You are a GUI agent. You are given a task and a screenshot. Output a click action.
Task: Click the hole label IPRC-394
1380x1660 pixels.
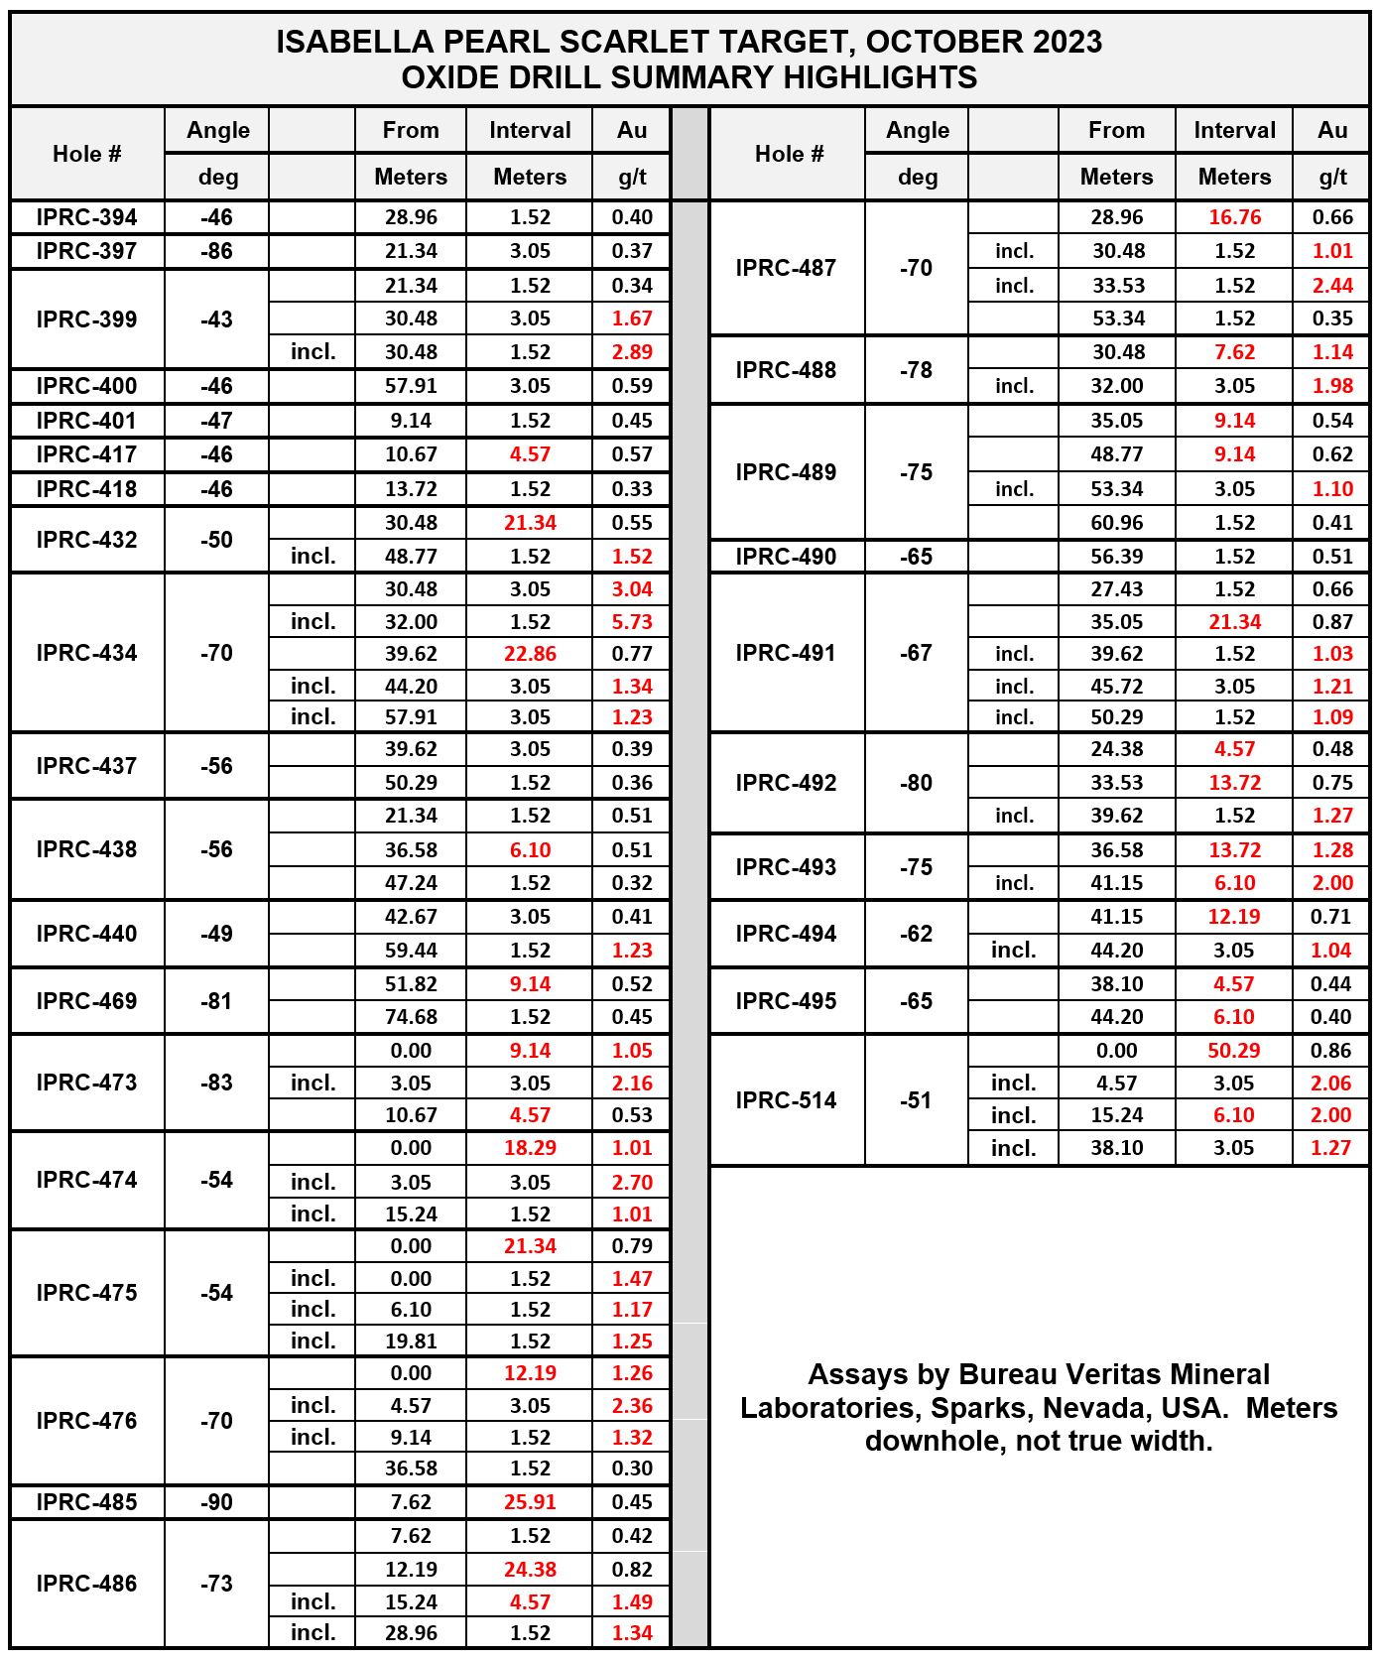pyautogui.click(x=86, y=217)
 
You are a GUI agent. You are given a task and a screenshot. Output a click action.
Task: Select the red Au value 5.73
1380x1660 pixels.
pyautogui.click(x=632, y=622)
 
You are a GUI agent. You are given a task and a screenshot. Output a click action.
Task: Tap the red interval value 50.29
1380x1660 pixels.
pyautogui.click(x=1233, y=1051)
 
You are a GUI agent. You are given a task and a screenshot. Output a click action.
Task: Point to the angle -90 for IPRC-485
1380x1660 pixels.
pyautogui.click(x=217, y=1502)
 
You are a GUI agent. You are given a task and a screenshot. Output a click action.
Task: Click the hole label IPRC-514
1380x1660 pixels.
pyautogui.click(x=786, y=1100)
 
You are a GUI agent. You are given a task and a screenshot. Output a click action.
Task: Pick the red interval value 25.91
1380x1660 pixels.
pyautogui.click(x=530, y=1502)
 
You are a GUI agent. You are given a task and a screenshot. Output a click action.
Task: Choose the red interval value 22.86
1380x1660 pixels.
pyautogui.click(x=530, y=654)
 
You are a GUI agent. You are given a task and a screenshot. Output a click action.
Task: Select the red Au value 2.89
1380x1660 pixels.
pyautogui.click(x=632, y=352)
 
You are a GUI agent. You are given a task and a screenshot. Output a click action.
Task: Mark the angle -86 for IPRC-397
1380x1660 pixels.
pyautogui.click(x=217, y=251)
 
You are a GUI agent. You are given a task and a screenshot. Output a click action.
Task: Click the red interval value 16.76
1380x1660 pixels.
pyautogui.click(x=1234, y=217)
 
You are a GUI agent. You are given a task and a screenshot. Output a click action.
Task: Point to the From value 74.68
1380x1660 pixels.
pyautogui.click(x=411, y=1017)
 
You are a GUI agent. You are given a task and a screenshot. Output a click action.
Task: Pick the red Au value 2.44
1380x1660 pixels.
pyautogui.click(x=1332, y=286)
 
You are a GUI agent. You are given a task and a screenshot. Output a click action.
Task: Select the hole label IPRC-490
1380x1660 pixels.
pyautogui.click(x=786, y=557)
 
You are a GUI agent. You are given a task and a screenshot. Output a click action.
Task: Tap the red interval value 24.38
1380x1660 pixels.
pyautogui.click(x=530, y=1570)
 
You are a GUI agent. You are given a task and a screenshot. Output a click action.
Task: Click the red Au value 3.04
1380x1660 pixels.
pyautogui.click(x=632, y=589)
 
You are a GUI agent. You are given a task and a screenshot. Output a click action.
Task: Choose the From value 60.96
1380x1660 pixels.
pyautogui.click(x=1116, y=523)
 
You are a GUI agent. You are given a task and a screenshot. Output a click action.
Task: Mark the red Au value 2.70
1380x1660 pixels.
pyautogui.click(x=632, y=1183)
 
